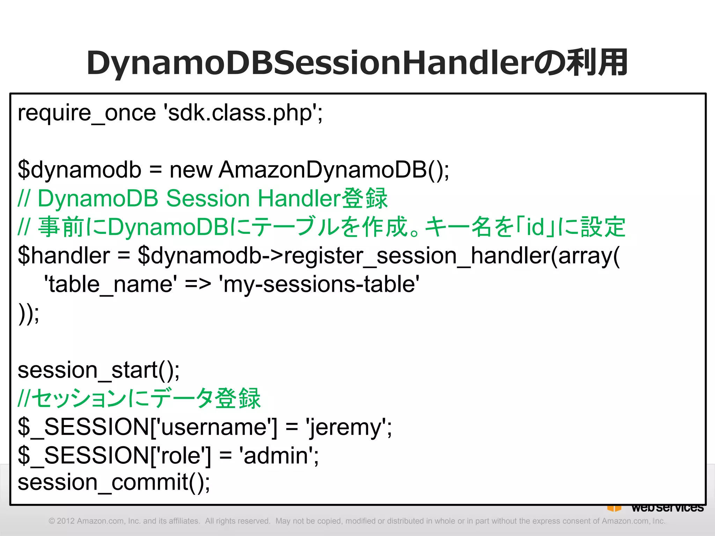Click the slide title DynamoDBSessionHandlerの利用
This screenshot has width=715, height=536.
click(x=357, y=63)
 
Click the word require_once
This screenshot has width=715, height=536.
click(x=87, y=113)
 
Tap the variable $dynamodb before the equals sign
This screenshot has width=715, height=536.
click(x=80, y=170)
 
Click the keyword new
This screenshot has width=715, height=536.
click(x=191, y=170)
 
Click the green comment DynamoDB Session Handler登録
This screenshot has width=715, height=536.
click(x=212, y=199)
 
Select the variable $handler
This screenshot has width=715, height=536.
click(x=64, y=255)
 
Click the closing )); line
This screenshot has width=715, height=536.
click(x=29, y=313)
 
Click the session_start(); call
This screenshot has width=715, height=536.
click(x=99, y=370)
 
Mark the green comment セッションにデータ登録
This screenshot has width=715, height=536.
click(x=147, y=399)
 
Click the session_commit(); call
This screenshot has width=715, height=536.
click(x=114, y=483)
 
